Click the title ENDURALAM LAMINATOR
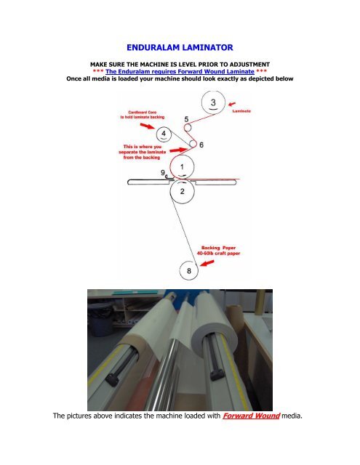[x=180, y=47]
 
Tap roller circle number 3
[x=212, y=102]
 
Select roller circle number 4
[x=166, y=134]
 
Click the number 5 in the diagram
[x=187, y=118]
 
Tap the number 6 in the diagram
[x=201, y=145]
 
